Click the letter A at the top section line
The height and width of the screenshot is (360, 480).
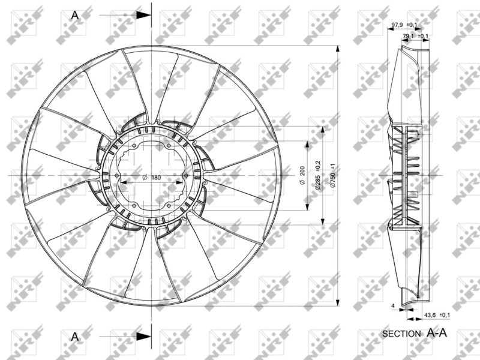pyautogui.click(x=75, y=15)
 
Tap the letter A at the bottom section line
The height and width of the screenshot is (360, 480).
pyautogui.click(x=75, y=336)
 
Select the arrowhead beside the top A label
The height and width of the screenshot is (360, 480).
pyautogui.click(x=144, y=15)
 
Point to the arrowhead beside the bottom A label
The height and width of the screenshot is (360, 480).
pyautogui.click(x=144, y=336)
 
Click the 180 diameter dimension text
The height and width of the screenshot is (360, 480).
pyautogui.click(x=156, y=178)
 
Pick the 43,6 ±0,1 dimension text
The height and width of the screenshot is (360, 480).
pyautogui.click(x=437, y=315)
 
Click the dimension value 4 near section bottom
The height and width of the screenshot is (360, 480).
pyautogui.click(x=392, y=306)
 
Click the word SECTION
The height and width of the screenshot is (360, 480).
pyautogui.click(x=403, y=333)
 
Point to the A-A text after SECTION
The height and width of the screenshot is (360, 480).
pyautogui.click(x=437, y=332)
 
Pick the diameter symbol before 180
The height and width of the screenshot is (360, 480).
pyautogui.click(x=145, y=178)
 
